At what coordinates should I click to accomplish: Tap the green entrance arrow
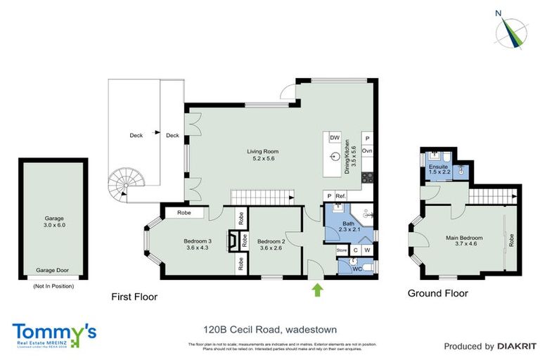point(317,288)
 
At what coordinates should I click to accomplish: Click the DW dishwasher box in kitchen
point(335,138)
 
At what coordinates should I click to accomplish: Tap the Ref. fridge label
point(340,195)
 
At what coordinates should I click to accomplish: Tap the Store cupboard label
point(342,250)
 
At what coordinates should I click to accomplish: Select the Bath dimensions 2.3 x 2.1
point(349,229)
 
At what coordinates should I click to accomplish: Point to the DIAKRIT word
point(517,346)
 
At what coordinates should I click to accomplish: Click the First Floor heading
point(134,297)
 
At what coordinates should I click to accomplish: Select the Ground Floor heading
point(437,293)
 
